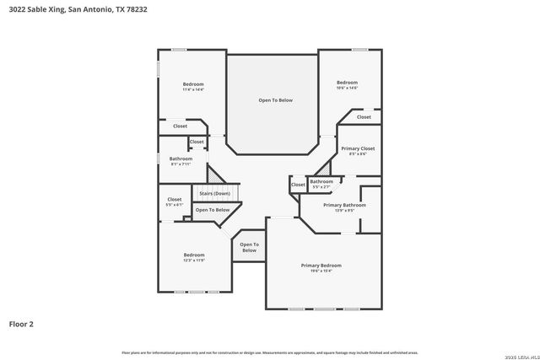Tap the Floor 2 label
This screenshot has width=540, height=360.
(x=22, y=323)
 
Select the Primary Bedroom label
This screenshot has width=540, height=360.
(x=321, y=266)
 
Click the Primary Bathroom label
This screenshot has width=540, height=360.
(x=344, y=205)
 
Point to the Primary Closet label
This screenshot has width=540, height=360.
(x=358, y=148)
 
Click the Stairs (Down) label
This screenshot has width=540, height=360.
(x=214, y=193)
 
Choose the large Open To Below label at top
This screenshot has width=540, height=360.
(x=275, y=100)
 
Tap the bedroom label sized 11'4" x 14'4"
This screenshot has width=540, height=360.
(x=194, y=84)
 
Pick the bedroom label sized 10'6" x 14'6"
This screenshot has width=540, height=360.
(x=347, y=83)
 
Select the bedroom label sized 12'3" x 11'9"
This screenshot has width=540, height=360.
(x=194, y=255)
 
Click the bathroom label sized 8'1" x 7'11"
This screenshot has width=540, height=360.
(x=181, y=159)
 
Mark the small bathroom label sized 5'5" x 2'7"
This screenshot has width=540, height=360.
(x=321, y=181)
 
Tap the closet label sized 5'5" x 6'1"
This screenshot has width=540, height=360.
(x=174, y=200)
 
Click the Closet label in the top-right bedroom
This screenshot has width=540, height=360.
(x=364, y=117)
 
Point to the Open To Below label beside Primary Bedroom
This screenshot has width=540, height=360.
(x=249, y=247)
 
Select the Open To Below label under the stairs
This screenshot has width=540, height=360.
(x=213, y=210)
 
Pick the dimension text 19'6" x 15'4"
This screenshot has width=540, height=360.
(x=321, y=271)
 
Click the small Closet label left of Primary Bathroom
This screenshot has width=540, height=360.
(x=298, y=185)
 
